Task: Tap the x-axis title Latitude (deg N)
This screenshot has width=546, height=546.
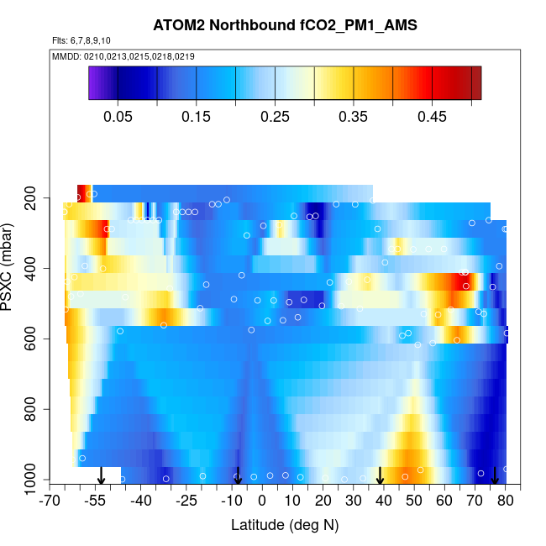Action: [284, 525]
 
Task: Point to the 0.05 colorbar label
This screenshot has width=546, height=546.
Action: [118, 116]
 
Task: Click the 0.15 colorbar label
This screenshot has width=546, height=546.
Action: [196, 116]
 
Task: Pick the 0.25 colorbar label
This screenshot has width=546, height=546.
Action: [275, 116]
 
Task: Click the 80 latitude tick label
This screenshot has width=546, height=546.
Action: [506, 501]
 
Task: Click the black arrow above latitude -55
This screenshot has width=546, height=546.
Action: [101, 476]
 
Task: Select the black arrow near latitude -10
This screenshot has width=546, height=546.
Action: [239, 476]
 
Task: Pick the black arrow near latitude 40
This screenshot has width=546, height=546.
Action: [381, 476]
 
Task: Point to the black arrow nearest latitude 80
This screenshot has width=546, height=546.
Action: [495, 476]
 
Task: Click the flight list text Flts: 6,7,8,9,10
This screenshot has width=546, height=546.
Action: [81, 40]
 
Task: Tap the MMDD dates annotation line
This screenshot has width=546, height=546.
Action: [123, 55]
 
